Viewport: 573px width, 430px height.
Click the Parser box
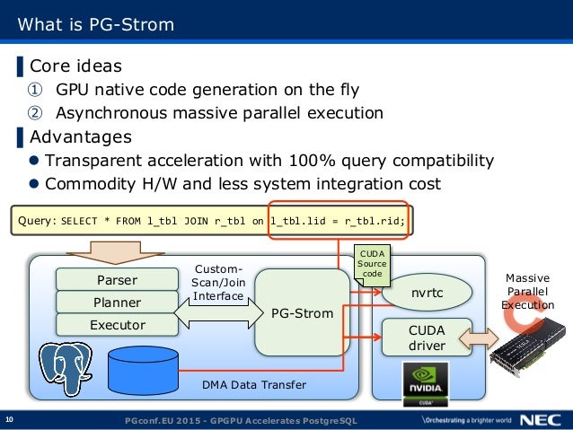[x=118, y=279]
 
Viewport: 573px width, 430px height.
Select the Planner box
[x=118, y=303]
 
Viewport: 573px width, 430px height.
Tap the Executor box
[x=118, y=325]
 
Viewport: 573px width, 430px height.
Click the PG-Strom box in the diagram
[x=302, y=313]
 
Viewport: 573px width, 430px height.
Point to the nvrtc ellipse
[x=427, y=293]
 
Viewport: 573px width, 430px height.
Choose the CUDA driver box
[x=427, y=338]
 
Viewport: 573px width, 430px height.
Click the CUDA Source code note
[x=372, y=265]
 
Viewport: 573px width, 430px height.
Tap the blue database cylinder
[x=144, y=371]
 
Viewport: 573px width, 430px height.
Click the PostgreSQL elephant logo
[x=66, y=368]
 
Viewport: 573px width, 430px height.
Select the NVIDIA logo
[x=426, y=384]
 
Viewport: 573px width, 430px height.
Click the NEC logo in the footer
[x=541, y=420]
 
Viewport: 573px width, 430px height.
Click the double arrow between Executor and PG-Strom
[x=218, y=313]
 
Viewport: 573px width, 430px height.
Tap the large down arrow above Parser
[x=115, y=252]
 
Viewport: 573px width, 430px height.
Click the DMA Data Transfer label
[x=254, y=385]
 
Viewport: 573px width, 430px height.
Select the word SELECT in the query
[x=79, y=221]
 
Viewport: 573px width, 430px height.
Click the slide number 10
[x=10, y=419]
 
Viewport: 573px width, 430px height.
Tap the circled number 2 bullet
[x=35, y=113]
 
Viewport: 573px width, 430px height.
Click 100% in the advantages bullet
[x=312, y=161]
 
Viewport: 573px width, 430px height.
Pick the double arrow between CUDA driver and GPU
[x=479, y=338]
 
